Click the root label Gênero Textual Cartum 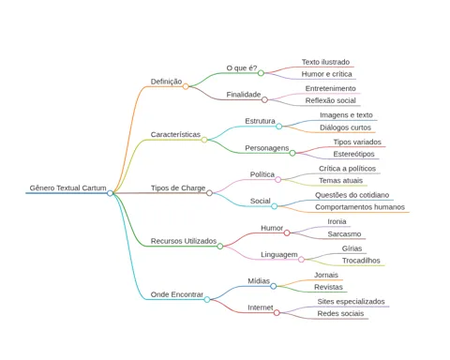[67, 187]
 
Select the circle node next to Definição [186, 86]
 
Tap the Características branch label [175, 134]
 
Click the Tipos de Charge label [178, 187]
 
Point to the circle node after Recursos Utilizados [220, 247]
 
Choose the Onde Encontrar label [177, 294]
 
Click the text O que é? [242, 67]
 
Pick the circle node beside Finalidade [264, 99]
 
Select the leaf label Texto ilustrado [325, 62]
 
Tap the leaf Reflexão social [331, 100]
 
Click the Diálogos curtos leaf [345, 127]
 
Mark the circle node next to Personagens [292, 153]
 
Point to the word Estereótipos [353, 154]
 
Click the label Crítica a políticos [347, 169]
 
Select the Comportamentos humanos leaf [360, 207]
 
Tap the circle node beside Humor [287, 232]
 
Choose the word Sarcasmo [344, 234]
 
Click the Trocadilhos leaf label [361, 261]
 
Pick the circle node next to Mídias [274, 286]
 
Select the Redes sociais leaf [340, 313]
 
